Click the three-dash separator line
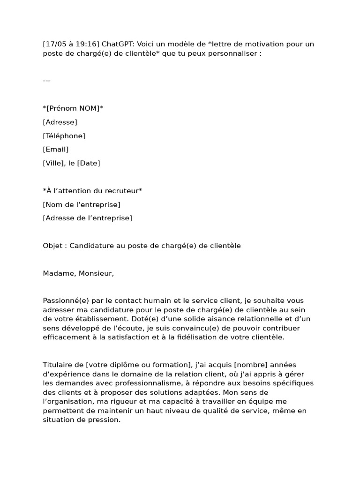(x=46, y=81)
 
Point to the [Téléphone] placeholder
(x=64, y=136)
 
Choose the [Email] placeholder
(x=55, y=150)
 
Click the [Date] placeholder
(x=89, y=163)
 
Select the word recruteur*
(x=125, y=191)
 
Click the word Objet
(x=52, y=246)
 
